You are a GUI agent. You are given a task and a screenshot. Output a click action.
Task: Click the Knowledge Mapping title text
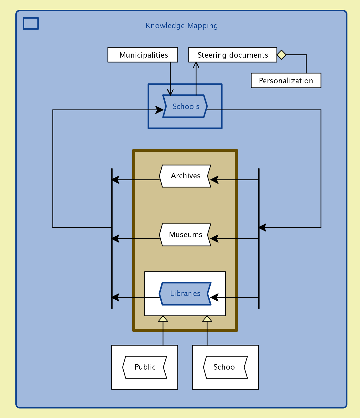point(182,26)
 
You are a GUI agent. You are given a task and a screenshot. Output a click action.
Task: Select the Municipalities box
point(143,55)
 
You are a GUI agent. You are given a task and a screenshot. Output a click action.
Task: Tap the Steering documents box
point(233,55)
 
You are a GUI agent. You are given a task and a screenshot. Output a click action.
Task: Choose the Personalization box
point(286,81)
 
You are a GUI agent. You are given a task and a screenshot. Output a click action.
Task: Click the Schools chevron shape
point(185,106)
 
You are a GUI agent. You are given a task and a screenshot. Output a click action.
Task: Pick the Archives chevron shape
point(185,176)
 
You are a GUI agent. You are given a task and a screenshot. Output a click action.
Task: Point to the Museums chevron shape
point(185,235)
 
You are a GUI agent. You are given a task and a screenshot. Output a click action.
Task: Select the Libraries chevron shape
point(185,294)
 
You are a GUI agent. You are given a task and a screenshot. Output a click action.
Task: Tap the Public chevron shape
point(145,367)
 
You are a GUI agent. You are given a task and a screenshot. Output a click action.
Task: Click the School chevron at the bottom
point(225,367)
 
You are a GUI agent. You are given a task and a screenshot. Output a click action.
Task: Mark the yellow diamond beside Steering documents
point(282,55)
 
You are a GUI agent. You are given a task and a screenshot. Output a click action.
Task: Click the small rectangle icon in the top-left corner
point(31,24)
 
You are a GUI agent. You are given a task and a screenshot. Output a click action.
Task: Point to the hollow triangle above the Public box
point(163,319)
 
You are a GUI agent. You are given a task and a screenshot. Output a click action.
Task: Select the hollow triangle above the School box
point(207,319)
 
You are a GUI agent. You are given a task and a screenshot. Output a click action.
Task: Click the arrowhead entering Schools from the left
point(159,110)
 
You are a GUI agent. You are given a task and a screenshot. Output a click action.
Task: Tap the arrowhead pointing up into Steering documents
point(196,64)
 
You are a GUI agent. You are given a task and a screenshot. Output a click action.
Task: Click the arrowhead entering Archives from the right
point(214,180)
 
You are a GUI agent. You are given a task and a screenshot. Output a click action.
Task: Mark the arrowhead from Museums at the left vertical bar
point(115,238)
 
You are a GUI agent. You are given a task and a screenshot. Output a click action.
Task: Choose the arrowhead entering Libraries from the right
point(214,297)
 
